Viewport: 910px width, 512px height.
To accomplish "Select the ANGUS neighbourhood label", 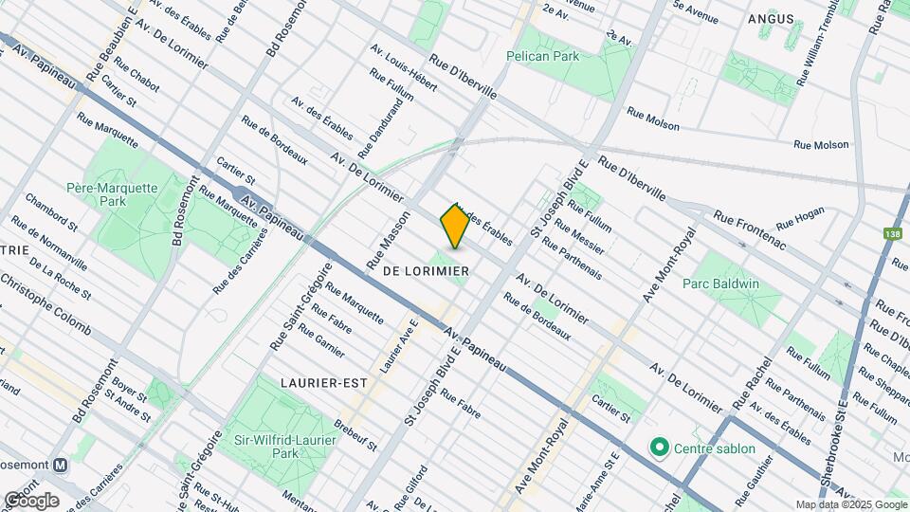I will coord(771,18).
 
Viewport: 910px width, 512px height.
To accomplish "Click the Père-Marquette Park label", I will coord(112,195).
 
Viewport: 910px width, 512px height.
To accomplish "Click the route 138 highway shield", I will coord(892,233).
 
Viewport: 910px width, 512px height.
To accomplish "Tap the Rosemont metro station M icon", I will coord(61,466).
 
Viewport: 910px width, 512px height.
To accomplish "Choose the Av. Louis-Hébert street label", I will coord(403,69).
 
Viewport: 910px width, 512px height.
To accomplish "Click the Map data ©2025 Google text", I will coord(850,504).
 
